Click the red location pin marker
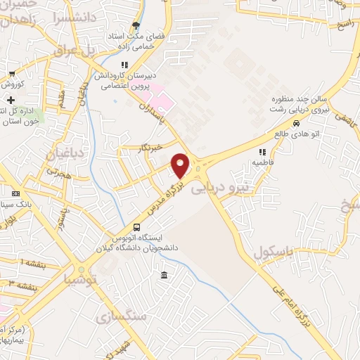[x=181, y=165]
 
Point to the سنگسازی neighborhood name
[x=124, y=314]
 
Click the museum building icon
[x=164, y=274]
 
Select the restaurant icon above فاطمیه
[x=262, y=151]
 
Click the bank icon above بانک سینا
[x=16, y=193]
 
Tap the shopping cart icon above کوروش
[x=12, y=73]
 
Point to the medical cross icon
[x=11, y=100]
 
